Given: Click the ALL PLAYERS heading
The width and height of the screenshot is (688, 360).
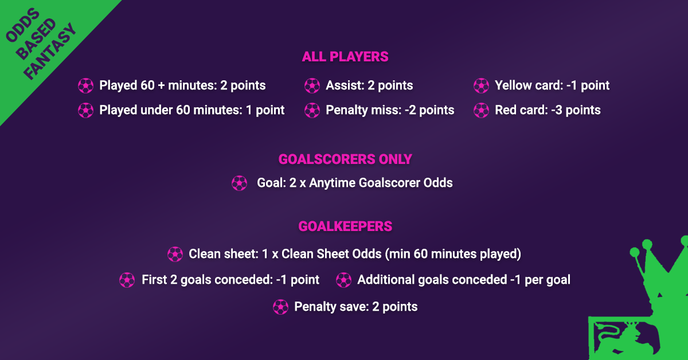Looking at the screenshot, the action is (345, 57).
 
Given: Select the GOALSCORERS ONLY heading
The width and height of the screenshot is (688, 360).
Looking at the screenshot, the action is (345, 159).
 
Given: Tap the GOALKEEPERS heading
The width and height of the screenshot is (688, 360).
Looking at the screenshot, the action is (345, 226).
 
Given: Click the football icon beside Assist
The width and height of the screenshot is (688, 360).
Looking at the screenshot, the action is (312, 85).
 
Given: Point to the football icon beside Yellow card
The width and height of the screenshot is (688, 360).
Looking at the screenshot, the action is (481, 85).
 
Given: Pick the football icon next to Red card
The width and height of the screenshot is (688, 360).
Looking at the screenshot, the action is (481, 110).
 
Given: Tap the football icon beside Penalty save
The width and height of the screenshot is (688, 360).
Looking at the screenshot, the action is (281, 307).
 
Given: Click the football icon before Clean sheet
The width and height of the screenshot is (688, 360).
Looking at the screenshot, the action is (175, 254).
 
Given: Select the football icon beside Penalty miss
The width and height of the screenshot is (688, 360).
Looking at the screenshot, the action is (312, 110).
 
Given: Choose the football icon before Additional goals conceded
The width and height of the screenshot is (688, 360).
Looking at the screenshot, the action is (343, 280).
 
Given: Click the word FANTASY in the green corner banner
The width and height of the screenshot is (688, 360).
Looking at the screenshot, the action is (50, 51).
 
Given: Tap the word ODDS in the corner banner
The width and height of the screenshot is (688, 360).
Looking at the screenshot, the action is (23, 25).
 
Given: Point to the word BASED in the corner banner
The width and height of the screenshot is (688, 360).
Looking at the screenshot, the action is (36, 39).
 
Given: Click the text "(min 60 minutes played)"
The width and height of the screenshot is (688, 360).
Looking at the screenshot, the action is (453, 254).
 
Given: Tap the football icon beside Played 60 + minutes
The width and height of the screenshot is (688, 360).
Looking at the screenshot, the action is (85, 85).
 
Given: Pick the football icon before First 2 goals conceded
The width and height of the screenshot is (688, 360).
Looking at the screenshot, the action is (127, 280).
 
